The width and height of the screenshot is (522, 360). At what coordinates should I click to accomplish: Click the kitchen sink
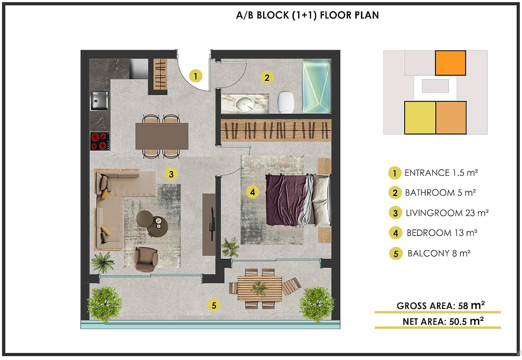[99, 101]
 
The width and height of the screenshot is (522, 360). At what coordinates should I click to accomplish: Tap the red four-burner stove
[99, 141]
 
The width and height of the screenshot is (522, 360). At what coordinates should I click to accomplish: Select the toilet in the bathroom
[286, 102]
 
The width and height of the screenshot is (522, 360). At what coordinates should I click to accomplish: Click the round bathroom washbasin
[245, 104]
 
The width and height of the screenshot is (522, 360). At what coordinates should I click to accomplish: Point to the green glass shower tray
[317, 86]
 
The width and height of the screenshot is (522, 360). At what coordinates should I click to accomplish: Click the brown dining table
[162, 136]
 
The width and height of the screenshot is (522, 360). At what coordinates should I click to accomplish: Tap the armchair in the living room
[146, 259]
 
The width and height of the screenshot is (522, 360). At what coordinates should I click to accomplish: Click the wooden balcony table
[259, 288]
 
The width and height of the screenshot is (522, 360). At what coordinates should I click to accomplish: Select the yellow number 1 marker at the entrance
[195, 76]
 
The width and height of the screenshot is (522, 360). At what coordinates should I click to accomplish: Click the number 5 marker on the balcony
[214, 305]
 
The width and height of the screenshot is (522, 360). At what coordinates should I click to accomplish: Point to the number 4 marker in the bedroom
[252, 192]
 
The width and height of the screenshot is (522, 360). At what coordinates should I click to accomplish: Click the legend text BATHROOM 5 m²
[440, 193]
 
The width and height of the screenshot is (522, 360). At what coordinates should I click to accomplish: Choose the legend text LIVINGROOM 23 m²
[447, 213]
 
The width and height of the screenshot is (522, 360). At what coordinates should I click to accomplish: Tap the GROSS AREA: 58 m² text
[441, 305]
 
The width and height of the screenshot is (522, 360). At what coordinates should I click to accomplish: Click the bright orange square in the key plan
[450, 63]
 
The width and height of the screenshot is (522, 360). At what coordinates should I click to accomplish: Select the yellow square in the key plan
[420, 118]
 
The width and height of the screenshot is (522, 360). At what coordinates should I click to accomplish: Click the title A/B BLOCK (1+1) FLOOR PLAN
[307, 15]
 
